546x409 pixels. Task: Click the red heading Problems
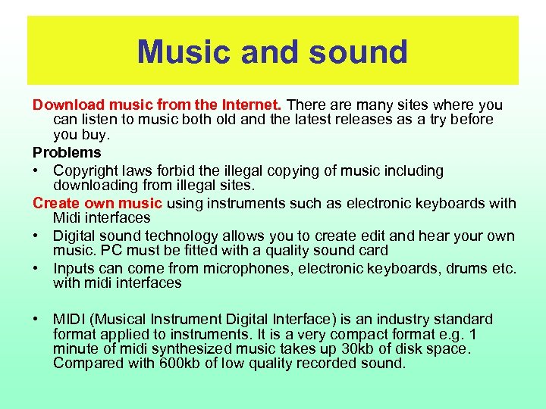point(66,153)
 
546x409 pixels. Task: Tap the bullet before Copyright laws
point(36,170)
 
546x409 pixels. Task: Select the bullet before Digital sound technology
point(36,236)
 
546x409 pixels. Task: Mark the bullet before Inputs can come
point(36,267)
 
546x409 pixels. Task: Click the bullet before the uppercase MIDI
point(36,319)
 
